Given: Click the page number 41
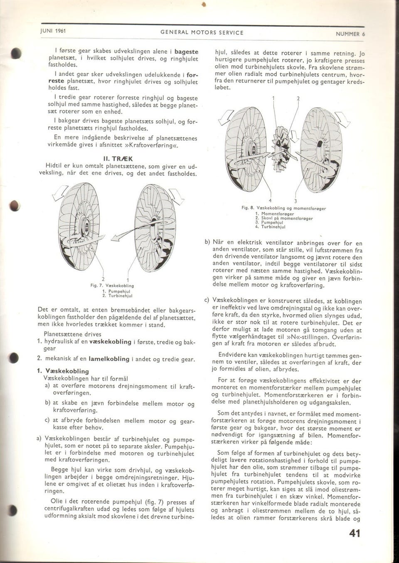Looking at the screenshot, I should point(355,533).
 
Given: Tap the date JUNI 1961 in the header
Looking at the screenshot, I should point(54,31).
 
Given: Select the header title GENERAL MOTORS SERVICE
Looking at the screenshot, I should point(202,32).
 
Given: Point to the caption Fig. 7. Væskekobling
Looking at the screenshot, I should point(112,285).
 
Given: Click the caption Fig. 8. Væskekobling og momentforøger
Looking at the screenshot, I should point(285,207).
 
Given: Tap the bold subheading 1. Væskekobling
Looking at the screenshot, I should point(63,371).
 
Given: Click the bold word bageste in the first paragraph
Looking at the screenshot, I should point(186,51).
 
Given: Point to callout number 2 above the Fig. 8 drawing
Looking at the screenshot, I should point(298,99).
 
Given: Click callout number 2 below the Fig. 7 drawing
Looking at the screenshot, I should point(103,278).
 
